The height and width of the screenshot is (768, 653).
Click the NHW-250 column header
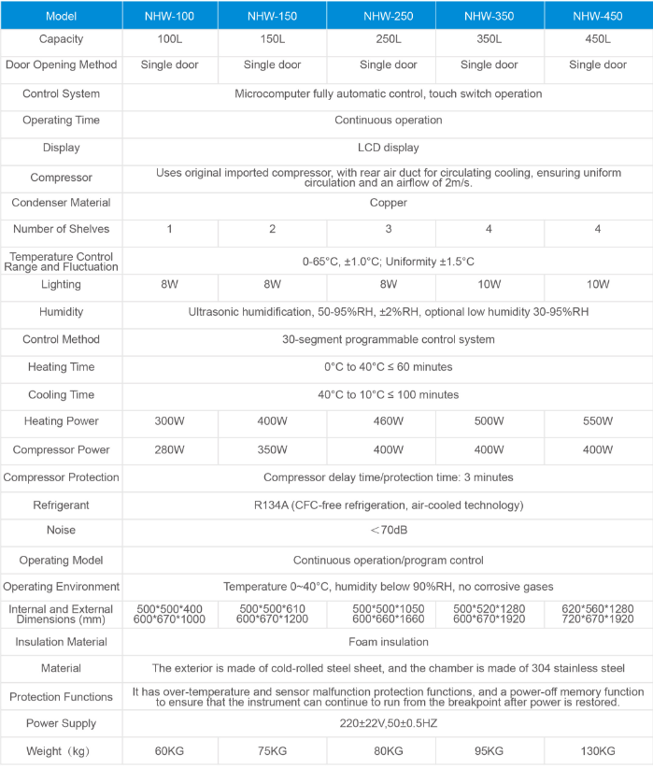point(388,16)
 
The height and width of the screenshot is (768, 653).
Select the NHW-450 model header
point(597,16)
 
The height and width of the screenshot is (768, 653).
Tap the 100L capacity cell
point(169,40)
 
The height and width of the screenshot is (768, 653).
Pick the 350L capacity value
point(489,40)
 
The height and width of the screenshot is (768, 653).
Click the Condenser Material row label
point(61,203)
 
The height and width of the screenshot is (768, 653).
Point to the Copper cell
point(388,203)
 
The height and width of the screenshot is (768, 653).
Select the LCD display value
point(388,148)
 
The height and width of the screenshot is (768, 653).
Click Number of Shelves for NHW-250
point(388,230)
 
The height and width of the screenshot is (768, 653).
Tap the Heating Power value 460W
point(388,422)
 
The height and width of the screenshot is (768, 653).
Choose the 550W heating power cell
point(597,422)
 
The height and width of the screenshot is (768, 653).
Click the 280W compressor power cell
point(169,450)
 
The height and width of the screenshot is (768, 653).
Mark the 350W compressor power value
point(272,450)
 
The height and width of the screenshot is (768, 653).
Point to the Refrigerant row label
point(61,505)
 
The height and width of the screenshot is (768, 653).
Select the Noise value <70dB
point(388,531)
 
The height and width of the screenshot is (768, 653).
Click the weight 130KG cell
point(597,751)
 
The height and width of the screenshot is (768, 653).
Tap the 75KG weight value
point(272,751)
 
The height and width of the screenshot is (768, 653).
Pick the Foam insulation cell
point(388,642)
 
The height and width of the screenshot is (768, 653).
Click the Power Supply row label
point(61,724)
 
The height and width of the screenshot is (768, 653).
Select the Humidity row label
point(61,312)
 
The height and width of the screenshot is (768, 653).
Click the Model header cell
point(61,16)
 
